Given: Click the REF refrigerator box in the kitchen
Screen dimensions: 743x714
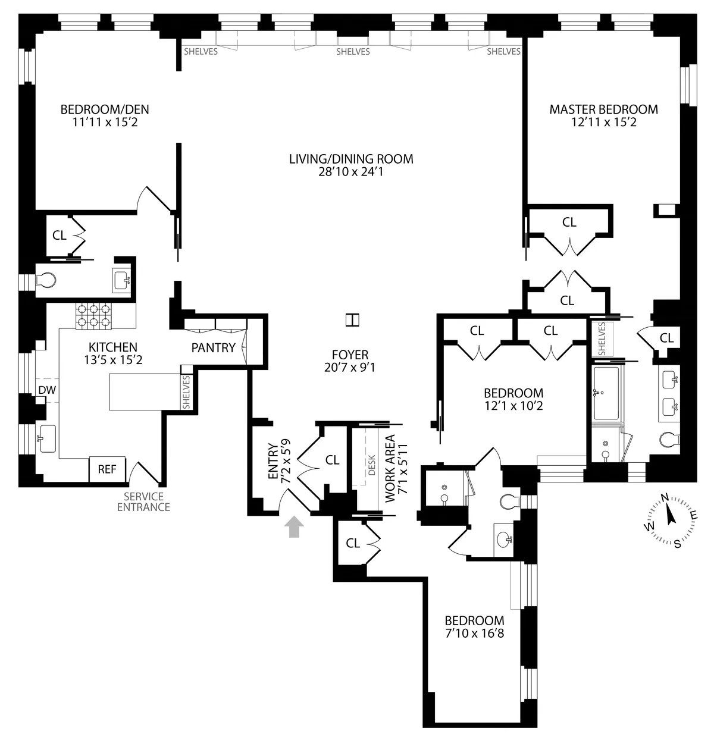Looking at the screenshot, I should [107, 469].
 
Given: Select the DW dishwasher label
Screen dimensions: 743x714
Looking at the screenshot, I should [46, 390].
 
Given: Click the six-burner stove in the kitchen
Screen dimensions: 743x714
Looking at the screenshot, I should [93, 316].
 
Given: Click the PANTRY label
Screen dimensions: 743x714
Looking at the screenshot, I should [213, 348].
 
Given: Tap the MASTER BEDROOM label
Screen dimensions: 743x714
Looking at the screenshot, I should [603, 109].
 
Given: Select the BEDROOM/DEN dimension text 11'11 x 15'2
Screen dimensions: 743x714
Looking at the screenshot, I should [105, 123].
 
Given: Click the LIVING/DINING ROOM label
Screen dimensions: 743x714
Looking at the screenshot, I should [351, 159].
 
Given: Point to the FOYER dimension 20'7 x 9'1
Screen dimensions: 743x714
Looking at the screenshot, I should [350, 368].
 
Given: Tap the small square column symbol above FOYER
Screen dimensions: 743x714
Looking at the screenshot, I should [353, 320].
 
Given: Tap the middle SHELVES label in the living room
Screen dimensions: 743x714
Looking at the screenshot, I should [353, 52].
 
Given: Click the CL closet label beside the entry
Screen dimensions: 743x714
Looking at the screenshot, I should [332, 460].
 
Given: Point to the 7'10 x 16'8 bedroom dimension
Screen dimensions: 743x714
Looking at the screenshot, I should [474, 634].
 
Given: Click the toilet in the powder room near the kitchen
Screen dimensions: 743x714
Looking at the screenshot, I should [45, 280].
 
